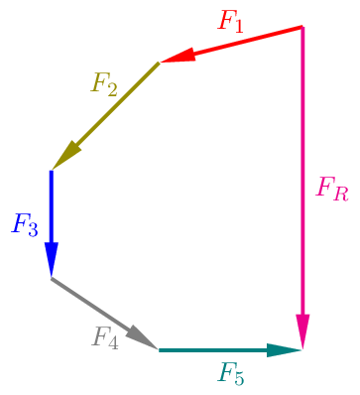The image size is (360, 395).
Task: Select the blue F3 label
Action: pos(25,224)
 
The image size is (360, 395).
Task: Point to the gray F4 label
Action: pos(105,337)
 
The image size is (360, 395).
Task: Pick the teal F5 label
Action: pos(231,374)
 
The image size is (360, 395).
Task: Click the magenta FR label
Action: pos(331,188)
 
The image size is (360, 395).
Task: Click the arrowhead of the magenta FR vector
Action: pos(302,330)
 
